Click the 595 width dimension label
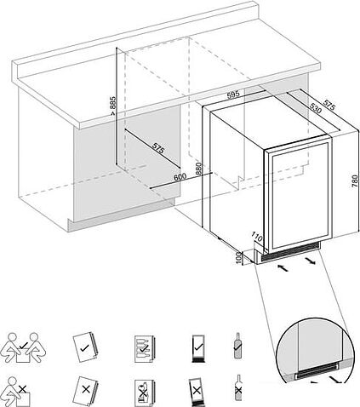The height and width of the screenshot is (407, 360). (233, 95)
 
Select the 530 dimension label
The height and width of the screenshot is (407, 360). (316, 108)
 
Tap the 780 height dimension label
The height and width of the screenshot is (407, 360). (355, 181)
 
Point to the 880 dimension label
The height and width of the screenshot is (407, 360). (198, 169)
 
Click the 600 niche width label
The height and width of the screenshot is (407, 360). (180, 177)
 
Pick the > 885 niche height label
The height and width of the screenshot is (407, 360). (113, 106)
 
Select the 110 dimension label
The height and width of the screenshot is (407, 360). (257, 238)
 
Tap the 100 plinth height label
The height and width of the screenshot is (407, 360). (238, 258)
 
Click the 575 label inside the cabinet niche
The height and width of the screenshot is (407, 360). (158, 148)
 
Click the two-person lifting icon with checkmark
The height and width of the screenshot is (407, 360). (23, 347)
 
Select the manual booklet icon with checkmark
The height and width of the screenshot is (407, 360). (86, 347)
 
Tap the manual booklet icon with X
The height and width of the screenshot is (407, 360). (86, 391)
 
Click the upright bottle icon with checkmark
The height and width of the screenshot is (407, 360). (237, 346)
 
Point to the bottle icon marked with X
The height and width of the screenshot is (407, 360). (238, 388)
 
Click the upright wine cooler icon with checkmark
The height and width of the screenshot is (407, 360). (198, 348)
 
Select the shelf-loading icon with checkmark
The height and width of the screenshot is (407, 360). (144, 349)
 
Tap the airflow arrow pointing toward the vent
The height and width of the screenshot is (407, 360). (282, 267)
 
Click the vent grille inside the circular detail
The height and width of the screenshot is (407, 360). (317, 371)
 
